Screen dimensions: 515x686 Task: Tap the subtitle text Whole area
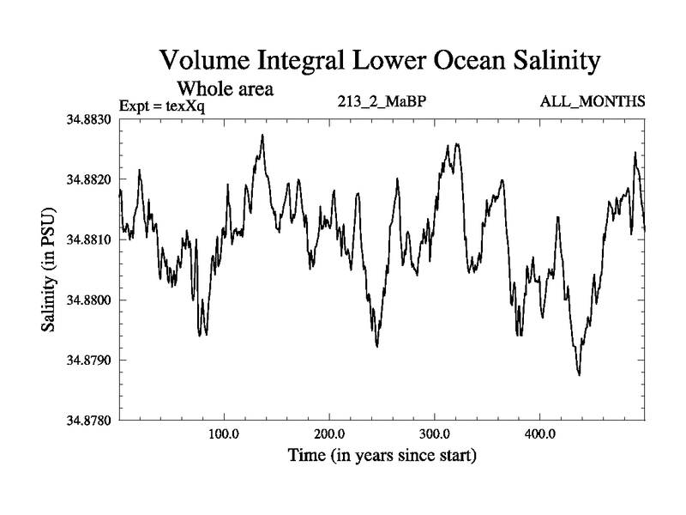pyautogui.click(x=225, y=88)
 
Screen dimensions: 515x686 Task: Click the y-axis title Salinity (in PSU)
pyautogui.click(x=49, y=270)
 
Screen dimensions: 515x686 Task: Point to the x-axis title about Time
pyautogui.click(x=382, y=455)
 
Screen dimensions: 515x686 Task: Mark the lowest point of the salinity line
pyautogui.click(x=580, y=375)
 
